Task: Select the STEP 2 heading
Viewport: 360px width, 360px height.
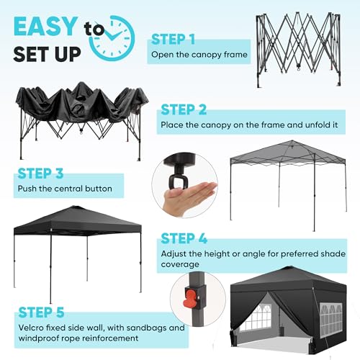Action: click(x=183, y=109)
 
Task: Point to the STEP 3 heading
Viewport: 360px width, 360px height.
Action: click(x=40, y=174)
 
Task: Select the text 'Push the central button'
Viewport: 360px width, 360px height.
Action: click(x=65, y=189)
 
